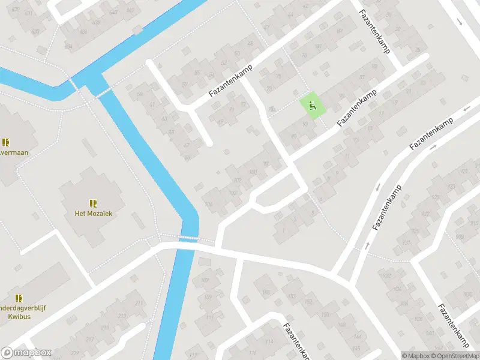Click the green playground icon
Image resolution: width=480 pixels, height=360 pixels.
pyautogui.click(x=311, y=106)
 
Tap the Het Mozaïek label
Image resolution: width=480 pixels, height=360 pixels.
pyautogui.click(x=93, y=213)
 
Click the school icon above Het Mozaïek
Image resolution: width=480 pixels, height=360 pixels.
pyautogui.click(x=93, y=203)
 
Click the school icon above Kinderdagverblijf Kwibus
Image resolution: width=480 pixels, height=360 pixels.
pyautogui.click(x=19, y=298)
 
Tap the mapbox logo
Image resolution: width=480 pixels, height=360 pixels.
pyautogui.click(x=26, y=353)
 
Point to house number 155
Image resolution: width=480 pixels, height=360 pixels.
pyautogui.click(x=266, y=292)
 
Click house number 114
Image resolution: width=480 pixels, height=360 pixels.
pyautogui.click(x=269, y=342)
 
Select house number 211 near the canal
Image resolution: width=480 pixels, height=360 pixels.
pyautogui.click(x=139, y=304)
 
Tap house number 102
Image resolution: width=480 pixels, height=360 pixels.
pyautogui.click(x=237, y=180)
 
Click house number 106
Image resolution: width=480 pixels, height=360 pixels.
pyautogui.click(x=209, y=205)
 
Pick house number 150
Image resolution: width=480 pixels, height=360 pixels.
pyautogui.click(x=325, y=314)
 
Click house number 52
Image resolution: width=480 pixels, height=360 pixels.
pyautogui.click(x=224, y=62)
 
